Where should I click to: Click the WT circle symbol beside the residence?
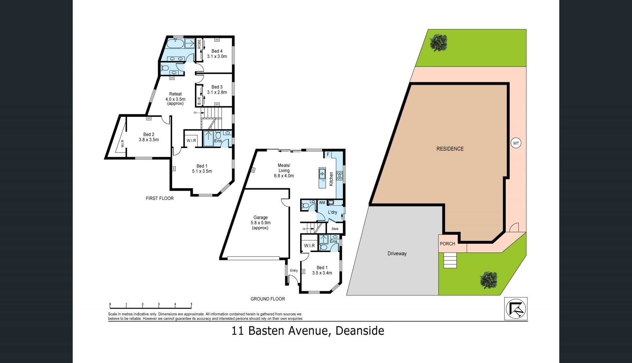click(x=516, y=143)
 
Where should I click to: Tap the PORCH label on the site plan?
click(x=447, y=244)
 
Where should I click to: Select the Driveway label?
click(x=397, y=253)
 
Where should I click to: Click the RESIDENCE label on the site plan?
click(x=450, y=149)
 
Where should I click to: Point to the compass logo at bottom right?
click(x=516, y=309)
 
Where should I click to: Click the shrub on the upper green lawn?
click(x=438, y=42)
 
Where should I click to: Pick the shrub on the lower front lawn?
click(x=488, y=280)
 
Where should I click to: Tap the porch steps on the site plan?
click(x=450, y=260)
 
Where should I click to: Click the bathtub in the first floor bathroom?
click(x=175, y=44)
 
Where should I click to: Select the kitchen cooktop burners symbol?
click(x=339, y=176)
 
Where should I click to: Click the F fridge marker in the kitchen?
click(x=328, y=154)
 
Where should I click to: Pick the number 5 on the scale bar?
click(x=191, y=304)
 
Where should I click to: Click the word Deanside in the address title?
click(x=360, y=330)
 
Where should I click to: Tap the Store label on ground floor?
click(x=335, y=229)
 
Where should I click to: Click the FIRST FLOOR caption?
click(x=160, y=198)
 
